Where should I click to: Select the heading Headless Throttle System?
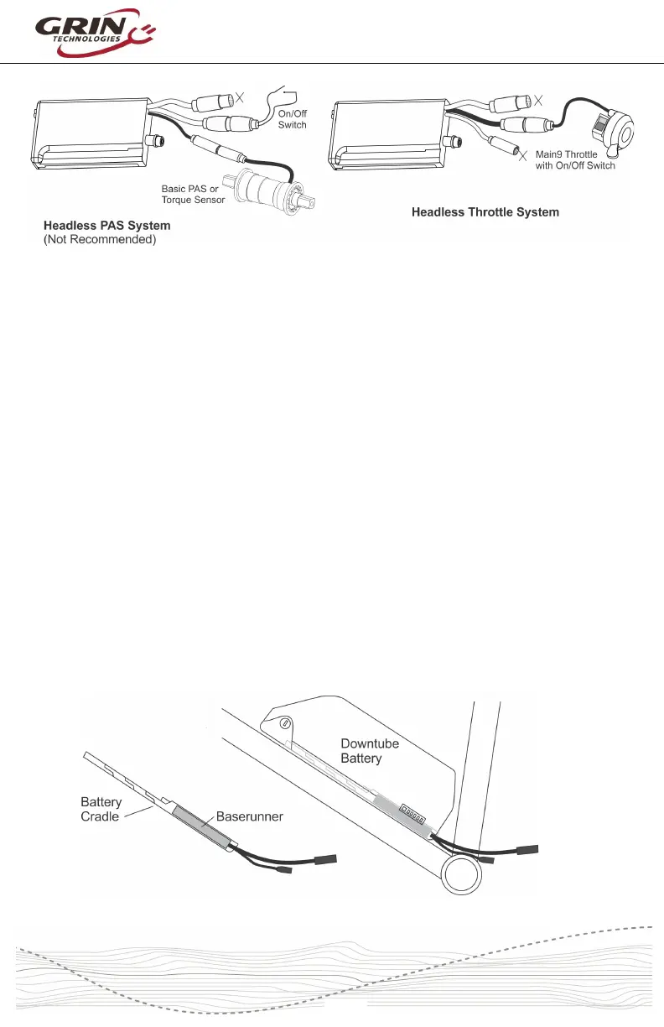tap(485, 212)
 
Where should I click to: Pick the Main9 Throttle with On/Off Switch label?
tap(575, 160)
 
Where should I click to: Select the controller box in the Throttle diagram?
tap(391, 134)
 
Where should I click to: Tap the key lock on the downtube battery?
tap(286, 722)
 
